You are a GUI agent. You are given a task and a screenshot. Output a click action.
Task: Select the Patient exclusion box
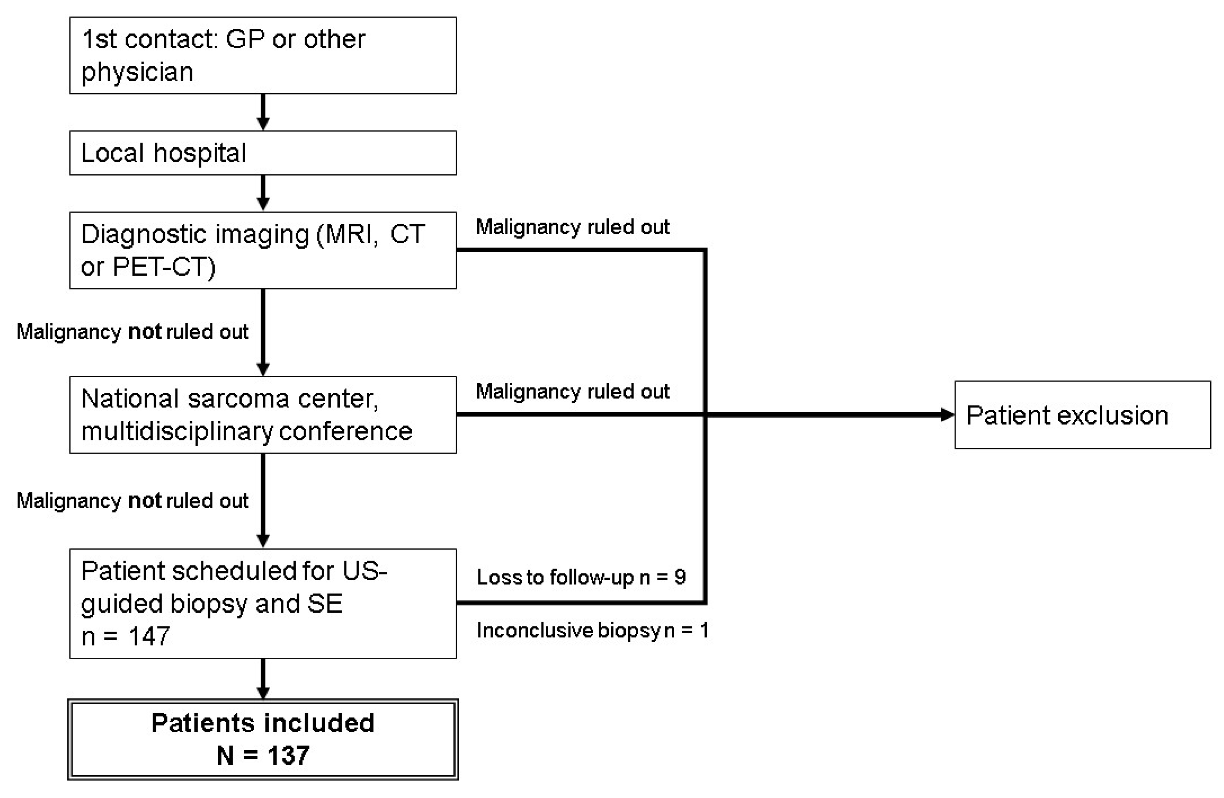(x=1082, y=415)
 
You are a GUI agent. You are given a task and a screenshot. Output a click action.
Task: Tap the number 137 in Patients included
(x=288, y=755)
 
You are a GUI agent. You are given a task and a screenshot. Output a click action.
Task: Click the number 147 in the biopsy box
(x=149, y=636)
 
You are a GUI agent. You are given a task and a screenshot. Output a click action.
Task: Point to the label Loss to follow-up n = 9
(x=581, y=577)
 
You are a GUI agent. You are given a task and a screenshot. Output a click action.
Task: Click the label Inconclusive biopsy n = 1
(x=592, y=630)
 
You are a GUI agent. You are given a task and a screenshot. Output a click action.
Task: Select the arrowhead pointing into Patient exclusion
(x=947, y=414)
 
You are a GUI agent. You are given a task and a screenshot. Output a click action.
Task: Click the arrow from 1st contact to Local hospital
(x=263, y=112)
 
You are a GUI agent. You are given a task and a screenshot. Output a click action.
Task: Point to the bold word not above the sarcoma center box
(x=145, y=332)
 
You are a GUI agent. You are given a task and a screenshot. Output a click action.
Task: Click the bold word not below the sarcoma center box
(x=145, y=500)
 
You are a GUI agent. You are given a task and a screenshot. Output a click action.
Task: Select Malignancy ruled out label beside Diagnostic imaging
(x=572, y=227)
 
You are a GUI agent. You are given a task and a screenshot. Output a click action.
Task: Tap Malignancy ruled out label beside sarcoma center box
(x=572, y=391)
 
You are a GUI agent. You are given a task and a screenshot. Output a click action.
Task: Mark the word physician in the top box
(x=137, y=72)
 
